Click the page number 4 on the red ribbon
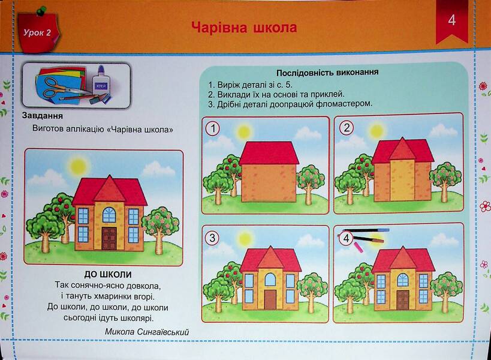pyautogui.click(x=451, y=20)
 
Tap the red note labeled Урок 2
pyautogui.click(x=38, y=33)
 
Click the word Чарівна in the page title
pyautogui.click(x=219, y=27)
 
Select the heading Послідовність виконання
pyautogui.click(x=327, y=73)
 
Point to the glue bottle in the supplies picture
pyautogui.click(x=101, y=82)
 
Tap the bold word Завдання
pyautogui.click(x=43, y=116)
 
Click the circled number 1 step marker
pyautogui.click(x=213, y=129)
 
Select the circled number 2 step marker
pyautogui.click(x=347, y=128)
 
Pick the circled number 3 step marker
pyautogui.click(x=212, y=238)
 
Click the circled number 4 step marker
pyautogui.click(x=346, y=238)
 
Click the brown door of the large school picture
pyautogui.click(x=109, y=239)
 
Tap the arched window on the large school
pyautogui.click(x=109, y=215)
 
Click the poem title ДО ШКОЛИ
pyautogui.click(x=108, y=275)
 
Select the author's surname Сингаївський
pyautogui.click(x=162, y=332)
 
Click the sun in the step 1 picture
pyautogui.click(x=243, y=132)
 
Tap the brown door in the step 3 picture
pyautogui.click(x=270, y=299)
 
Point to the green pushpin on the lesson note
pyautogui.click(x=41, y=11)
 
